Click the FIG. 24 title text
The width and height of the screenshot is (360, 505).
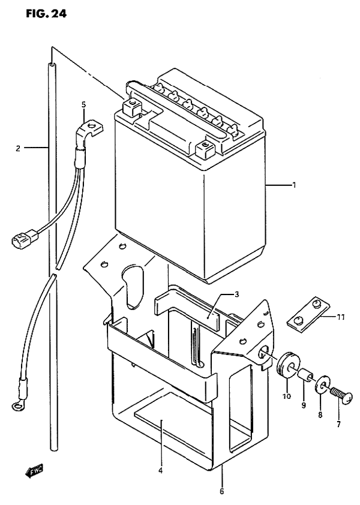(x=46, y=13)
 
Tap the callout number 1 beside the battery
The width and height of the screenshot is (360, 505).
(x=294, y=185)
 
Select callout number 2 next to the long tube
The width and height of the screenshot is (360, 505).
(x=19, y=148)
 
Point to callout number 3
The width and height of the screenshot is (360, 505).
(x=236, y=294)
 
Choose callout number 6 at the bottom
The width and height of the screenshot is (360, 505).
(x=222, y=492)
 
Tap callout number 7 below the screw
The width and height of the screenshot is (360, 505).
(x=338, y=425)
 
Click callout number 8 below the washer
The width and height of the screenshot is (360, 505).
(x=320, y=416)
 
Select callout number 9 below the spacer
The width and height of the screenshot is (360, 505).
(x=304, y=405)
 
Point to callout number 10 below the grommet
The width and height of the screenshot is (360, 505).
(x=287, y=396)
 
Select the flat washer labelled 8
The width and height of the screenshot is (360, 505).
(x=322, y=385)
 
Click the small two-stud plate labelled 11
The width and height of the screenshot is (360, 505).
(x=309, y=315)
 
